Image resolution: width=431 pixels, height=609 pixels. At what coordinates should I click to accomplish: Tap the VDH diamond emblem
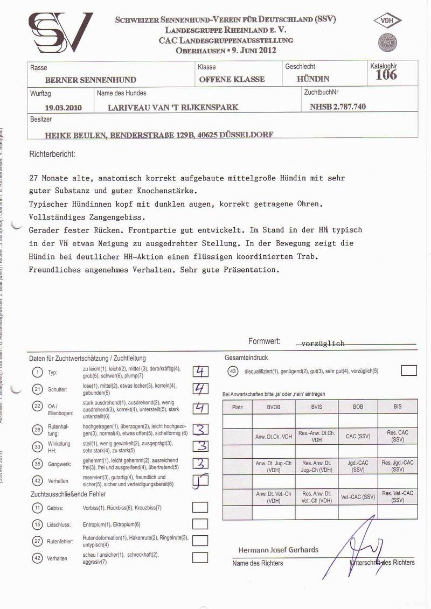[387, 22]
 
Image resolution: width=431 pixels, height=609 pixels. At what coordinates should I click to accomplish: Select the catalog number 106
[386, 75]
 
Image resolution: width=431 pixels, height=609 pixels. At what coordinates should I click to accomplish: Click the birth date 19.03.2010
[64, 107]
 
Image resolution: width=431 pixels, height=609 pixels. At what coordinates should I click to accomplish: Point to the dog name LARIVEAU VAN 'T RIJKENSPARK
[173, 107]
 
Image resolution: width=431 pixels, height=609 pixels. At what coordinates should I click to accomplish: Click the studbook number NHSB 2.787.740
[338, 107]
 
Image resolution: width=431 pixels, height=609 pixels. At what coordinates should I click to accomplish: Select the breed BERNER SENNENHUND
[91, 80]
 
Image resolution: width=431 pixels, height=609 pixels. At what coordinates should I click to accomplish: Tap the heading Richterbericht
[52, 154]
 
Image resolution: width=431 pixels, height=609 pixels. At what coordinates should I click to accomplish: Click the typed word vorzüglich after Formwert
[323, 343]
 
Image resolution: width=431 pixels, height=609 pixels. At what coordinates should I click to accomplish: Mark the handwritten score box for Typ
[200, 372]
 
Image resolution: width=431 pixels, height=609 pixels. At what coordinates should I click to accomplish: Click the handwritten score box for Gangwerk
[200, 463]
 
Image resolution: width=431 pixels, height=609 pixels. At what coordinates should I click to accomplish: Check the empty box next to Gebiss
[200, 507]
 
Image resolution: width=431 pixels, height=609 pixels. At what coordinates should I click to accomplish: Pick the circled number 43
[233, 371]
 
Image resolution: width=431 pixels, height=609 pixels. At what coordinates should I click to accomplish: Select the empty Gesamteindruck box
[409, 370]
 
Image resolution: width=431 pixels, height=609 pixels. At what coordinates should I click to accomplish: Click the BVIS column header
[317, 407]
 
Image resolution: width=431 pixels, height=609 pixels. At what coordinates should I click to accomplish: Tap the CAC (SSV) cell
[358, 436]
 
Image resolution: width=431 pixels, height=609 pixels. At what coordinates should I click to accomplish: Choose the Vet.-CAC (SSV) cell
[358, 496]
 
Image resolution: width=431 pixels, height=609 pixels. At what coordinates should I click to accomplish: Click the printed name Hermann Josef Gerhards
[279, 550]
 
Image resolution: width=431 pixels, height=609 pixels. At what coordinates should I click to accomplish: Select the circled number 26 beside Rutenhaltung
[37, 429]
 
